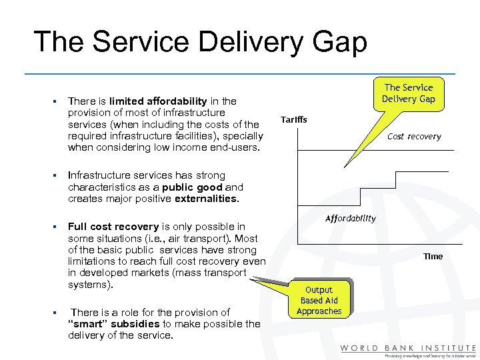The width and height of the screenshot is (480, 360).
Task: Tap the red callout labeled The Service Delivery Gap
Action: (x=409, y=93)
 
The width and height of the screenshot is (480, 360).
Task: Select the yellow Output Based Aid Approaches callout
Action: (x=319, y=301)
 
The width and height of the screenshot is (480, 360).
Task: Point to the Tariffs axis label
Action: (x=293, y=120)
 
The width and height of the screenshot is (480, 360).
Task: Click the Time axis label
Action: (x=433, y=256)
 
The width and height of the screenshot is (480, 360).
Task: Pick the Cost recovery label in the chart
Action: (x=414, y=137)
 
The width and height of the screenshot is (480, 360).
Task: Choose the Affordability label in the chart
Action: (x=350, y=218)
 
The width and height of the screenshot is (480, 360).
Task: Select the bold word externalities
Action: (x=205, y=199)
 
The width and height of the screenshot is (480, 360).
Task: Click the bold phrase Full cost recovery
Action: (x=113, y=227)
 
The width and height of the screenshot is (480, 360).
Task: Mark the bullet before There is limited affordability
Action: (x=52, y=102)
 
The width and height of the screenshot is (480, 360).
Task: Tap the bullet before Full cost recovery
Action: (x=52, y=227)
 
